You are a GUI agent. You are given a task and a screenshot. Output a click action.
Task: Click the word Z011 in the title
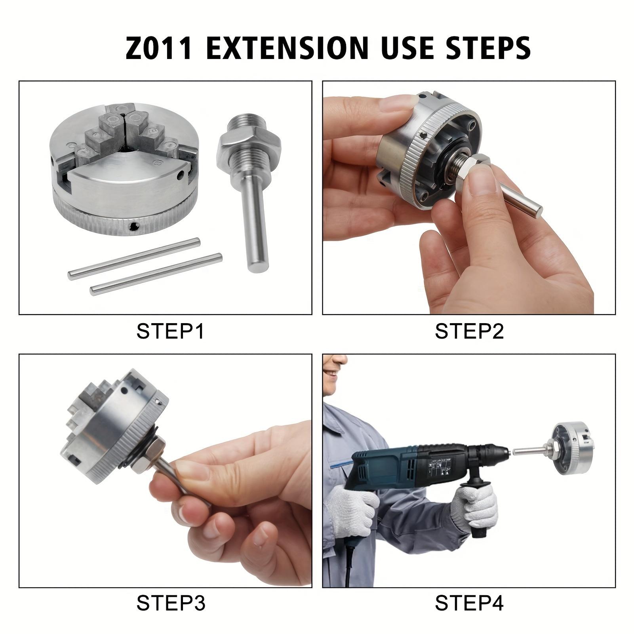pyautogui.click(x=159, y=48)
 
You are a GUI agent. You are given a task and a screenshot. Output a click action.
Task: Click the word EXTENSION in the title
pyautogui.click(x=285, y=48)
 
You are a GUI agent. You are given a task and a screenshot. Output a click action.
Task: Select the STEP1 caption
pyautogui.click(x=170, y=331)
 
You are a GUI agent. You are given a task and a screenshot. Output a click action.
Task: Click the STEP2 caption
pyautogui.click(x=469, y=331)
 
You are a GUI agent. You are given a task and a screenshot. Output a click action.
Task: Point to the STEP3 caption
pyautogui.click(x=170, y=603)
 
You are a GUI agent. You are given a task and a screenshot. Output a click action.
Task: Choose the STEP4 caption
pyautogui.click(x=469, y=603)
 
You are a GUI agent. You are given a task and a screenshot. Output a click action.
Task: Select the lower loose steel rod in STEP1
pyautogui.click(x=156, y=274)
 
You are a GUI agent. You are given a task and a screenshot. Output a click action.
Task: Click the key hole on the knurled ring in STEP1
pyautogui.click(x=135, y=226)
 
